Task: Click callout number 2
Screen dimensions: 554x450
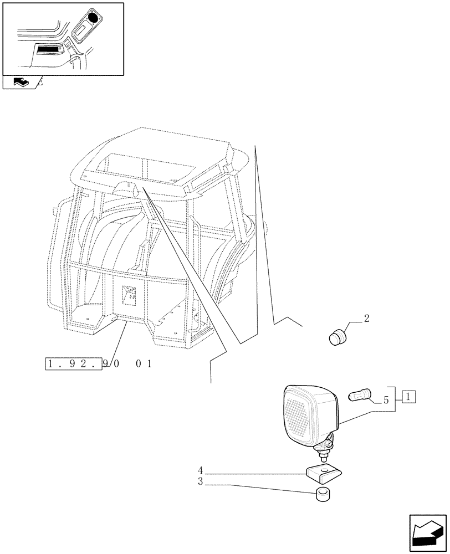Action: coord(366,319)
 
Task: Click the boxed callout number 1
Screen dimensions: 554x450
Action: coord(408,397)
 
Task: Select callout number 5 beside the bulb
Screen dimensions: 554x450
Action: coord(386,400)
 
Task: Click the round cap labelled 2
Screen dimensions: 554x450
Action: coord(336,337)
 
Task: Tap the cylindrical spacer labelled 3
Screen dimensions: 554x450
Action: coord(324,495)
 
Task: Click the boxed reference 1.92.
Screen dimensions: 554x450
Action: coord(72,364)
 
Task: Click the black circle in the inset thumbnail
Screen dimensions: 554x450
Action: coord(93,18)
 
